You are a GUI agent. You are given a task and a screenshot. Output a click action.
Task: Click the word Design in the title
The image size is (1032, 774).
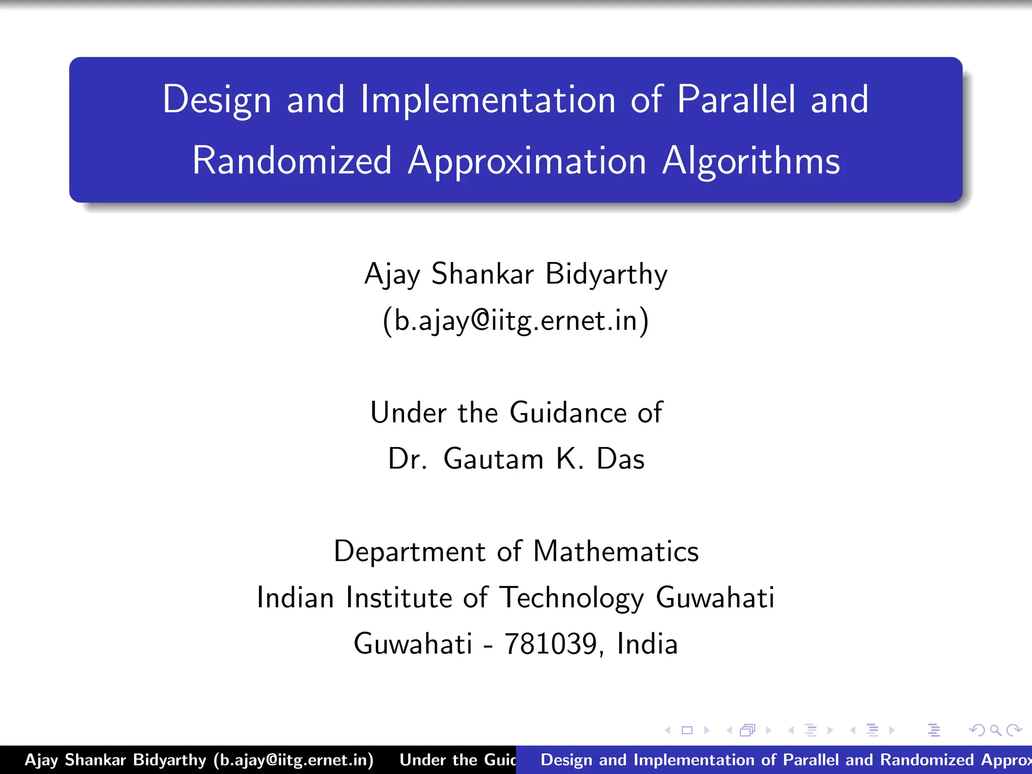[x=217, y=100]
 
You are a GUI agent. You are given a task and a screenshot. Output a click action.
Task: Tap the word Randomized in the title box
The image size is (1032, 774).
[x=292, y=161]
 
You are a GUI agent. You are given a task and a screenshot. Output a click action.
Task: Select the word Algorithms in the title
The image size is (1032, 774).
[x=751, y=161]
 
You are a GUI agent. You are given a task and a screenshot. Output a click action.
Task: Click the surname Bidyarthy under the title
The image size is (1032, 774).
[x=606, y=275]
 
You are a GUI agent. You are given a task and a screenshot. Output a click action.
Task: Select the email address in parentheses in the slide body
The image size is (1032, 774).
[x=515, y=320]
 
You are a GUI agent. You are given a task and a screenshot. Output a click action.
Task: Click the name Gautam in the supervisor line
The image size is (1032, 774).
[x=493, y=459]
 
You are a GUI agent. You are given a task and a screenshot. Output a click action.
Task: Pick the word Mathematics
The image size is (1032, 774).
[x=616, y=551]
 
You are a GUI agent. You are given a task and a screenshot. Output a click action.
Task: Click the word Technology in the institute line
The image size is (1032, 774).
[x=572, y=598]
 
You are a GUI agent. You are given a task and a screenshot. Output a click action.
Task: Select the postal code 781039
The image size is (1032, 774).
[x=551, y=644]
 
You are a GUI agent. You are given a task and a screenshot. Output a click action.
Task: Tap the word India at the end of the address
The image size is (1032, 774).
[x=647, y=644]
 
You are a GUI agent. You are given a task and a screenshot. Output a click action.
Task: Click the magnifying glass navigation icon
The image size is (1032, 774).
[x=995, y=730]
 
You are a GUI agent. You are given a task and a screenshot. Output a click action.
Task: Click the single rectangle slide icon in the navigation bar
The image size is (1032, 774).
[x=687, y=730]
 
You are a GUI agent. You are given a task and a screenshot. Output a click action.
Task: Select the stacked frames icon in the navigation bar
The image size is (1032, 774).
[x=748, y=730]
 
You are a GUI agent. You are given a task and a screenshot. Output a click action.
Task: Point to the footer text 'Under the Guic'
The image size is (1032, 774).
[x=458, y=760]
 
